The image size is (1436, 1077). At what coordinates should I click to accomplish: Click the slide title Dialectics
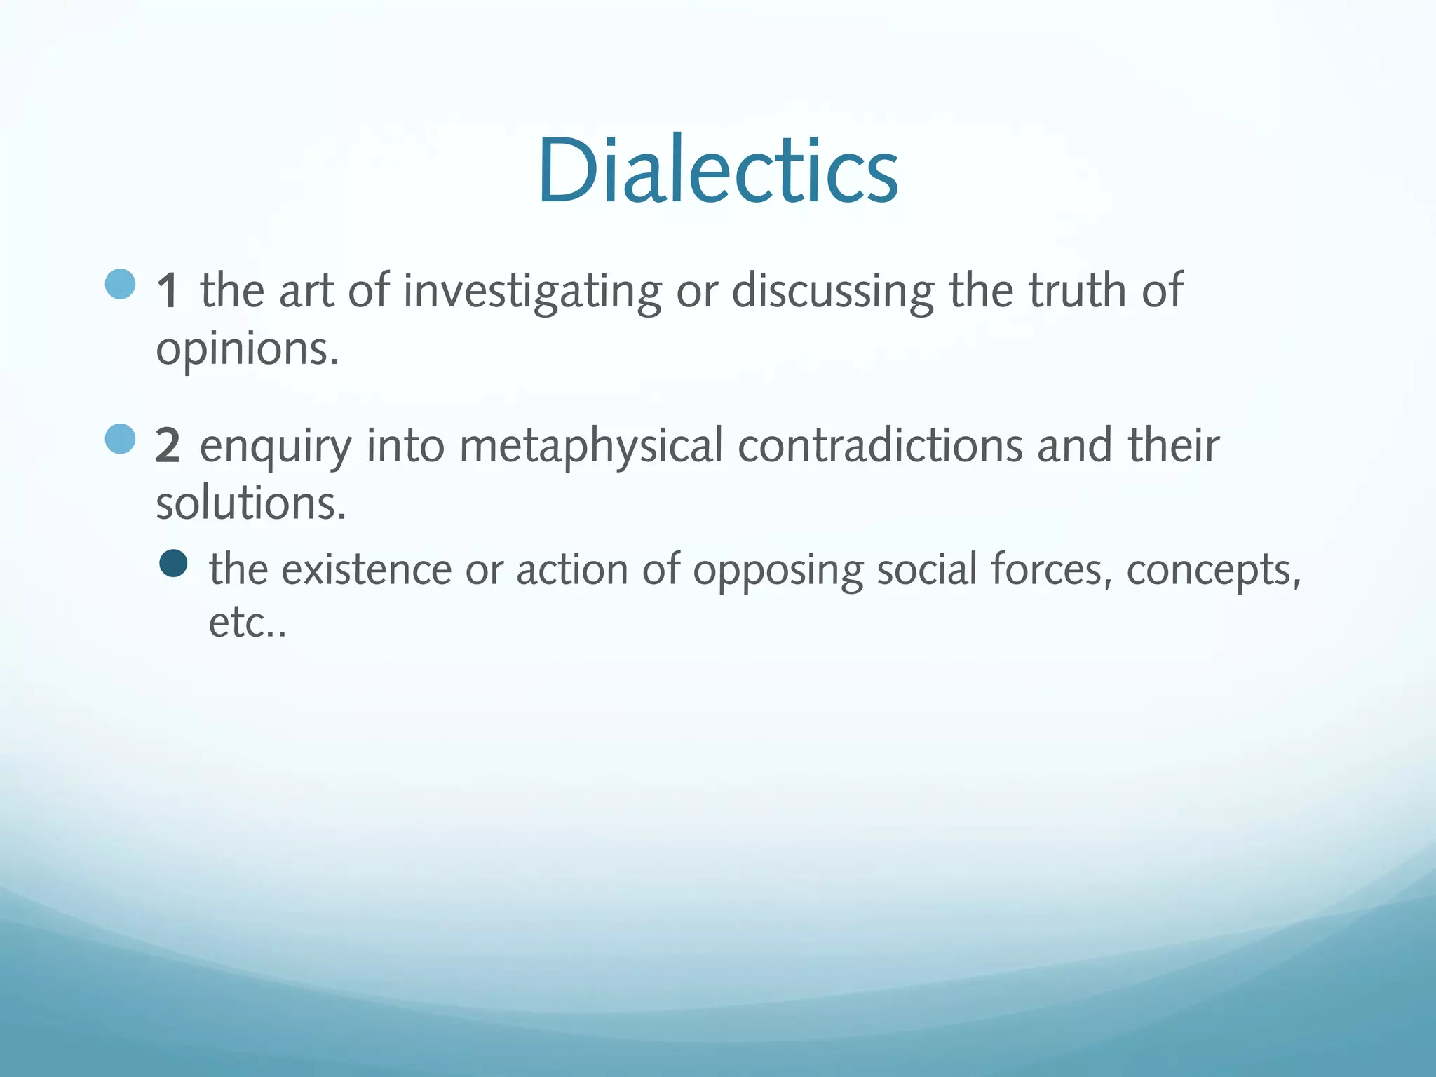718,170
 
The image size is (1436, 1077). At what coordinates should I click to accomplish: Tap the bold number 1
167,290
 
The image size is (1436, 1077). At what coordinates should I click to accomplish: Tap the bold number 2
168,446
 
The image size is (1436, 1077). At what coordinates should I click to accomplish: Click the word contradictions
880,446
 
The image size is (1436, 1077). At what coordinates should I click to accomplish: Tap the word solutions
251,503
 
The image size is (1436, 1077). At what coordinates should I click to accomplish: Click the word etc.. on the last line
247,623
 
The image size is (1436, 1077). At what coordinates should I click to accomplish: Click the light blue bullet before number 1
120,285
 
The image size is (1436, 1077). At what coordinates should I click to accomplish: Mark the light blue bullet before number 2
120,440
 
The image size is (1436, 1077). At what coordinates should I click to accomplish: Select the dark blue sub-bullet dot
173,563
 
